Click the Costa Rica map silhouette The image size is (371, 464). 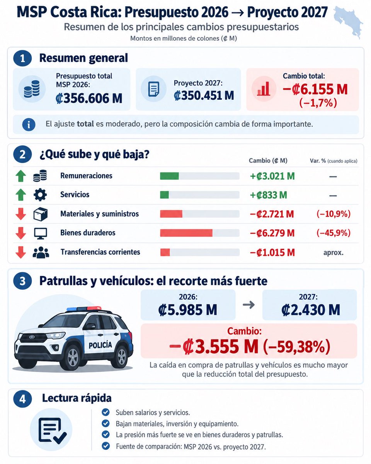pyautogui.click(x=347, y=20)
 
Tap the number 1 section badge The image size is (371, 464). pyautogui.click(x=22, y=58)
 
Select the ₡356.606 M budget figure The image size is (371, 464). pyautogui.click(x=89, y=98)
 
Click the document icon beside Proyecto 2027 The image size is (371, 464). pyautogui.click(x=154, y=89)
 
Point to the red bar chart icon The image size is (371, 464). pyautogui.click(x=264, y=89)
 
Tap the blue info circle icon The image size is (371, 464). pyautogui.click(x=29, y=125)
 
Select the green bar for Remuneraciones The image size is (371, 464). pyautogui.click(x=169, y=176)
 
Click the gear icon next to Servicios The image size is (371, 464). pyautogui.click(x=40, y=195)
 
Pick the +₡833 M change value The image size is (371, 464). pyautogui.click(x=268, y=195)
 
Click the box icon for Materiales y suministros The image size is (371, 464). pyautogui.click(x=41, y=214)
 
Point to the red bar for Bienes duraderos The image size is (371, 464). pyautogui.click(x=186, y=233)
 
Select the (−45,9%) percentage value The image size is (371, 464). pyautogui.click(x=333, y=233)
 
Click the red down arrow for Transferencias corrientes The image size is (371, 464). pyautogui.click(x=21, y=252)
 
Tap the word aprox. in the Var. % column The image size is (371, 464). pyautogui.click(x=333, y=252)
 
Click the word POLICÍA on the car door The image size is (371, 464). pyautogui.click(x=100, y=345)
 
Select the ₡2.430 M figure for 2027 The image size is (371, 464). pyautogui.click(x=311, y=310)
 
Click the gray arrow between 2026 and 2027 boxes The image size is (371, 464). pyautogui.click(x=249, y=305)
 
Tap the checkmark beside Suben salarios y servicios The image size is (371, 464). pyautogui.click(x=106, y=412)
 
